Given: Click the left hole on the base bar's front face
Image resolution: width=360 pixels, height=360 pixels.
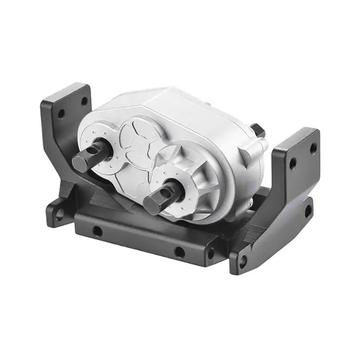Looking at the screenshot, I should point(95,231).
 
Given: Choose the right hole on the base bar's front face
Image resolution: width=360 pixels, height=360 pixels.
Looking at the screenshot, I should point(179,252).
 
